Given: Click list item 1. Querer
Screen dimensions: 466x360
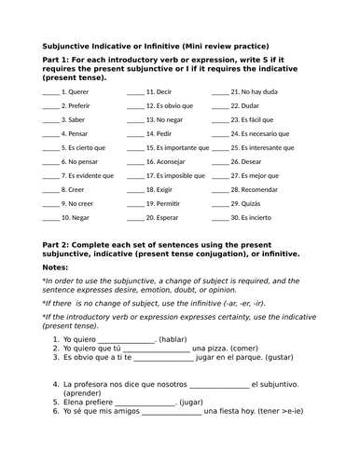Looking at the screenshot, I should pos(76,92).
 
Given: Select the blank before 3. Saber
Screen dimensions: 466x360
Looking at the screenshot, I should pos(50,120).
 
